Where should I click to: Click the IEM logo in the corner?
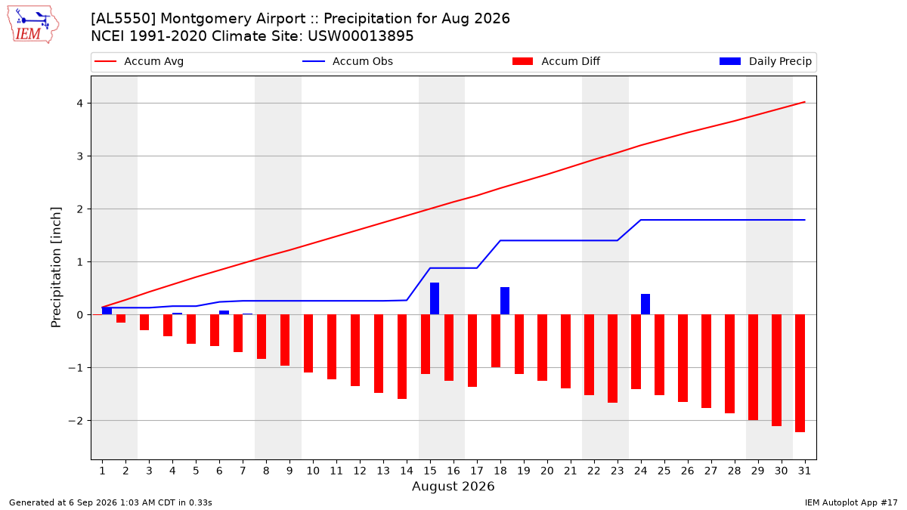(33, 25)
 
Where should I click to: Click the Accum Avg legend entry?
(139, 61)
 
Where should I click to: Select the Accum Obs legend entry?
(348, 61)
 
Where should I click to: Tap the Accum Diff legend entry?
(556, 61)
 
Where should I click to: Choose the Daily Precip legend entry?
(765, 61)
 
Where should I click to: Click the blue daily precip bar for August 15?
(435, 298)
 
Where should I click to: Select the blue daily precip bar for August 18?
(505, 301)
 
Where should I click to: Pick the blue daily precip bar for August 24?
(645, 304)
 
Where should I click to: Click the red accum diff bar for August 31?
(800, 373)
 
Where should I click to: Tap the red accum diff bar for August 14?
(402, 357)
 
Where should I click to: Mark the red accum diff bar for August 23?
(613, 359)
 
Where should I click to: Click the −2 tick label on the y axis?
(76, 421)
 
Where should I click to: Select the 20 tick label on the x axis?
(547, 471)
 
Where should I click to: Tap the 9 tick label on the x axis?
(289, 471)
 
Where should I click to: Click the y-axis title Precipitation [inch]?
(56, 267)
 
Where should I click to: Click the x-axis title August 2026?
(453, 486)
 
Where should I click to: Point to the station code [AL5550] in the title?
(123, 19)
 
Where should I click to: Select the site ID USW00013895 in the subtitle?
(361, 36)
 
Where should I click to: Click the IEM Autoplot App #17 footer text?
(851, 502)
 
